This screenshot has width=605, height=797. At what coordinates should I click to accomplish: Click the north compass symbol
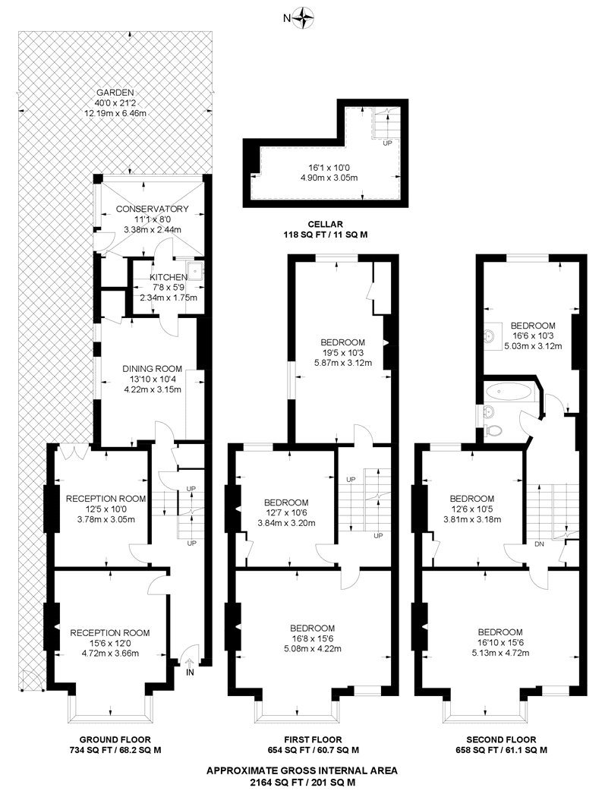[x=304, y=16]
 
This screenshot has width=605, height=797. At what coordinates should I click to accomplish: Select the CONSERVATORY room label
[x=152, y=209]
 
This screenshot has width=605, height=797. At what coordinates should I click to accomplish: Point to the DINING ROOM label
[x=153, y=370]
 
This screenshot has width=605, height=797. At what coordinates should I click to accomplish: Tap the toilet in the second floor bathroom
[x=496, y=429]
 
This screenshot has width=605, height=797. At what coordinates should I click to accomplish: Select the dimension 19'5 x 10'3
[x=342, y=353]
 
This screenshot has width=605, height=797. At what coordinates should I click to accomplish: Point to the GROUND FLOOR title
[x=115, y=739]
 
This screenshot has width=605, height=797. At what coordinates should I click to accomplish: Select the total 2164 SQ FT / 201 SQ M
[x=302, y=782]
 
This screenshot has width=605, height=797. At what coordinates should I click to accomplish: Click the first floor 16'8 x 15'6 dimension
[x=312, y=638]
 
